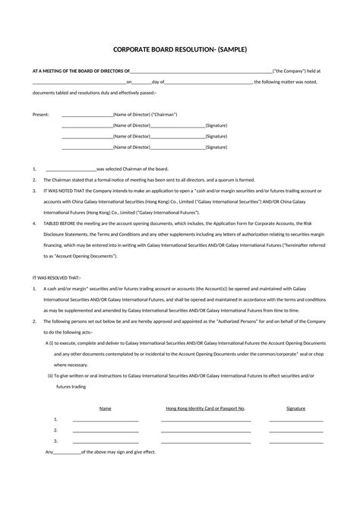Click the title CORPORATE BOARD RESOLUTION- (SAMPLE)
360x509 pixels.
pos(180,49)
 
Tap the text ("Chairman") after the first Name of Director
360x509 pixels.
pos(164,114)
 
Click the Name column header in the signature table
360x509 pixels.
pos(105,408)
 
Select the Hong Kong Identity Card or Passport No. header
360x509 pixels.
pos(205,408)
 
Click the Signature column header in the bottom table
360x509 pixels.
pos(295,408)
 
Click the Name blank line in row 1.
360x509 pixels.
pos(105,420)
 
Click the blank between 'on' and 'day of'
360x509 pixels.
pos(141,81)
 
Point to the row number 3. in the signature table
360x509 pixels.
pos(56,441)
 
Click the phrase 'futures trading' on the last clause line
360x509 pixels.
pos(71,386)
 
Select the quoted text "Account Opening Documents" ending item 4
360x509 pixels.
pos(90,257)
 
